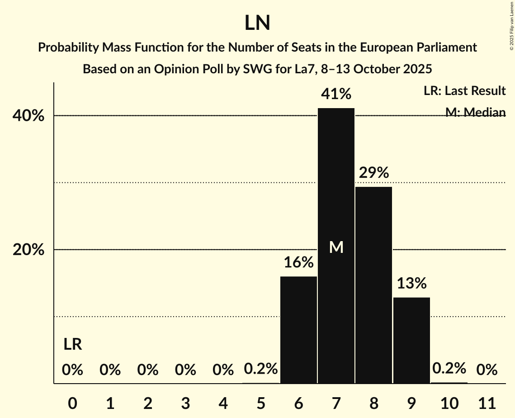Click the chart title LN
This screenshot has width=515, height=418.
pos(257,23)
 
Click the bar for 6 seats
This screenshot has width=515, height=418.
pos(298,330)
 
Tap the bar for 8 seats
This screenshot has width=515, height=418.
pos(373,285)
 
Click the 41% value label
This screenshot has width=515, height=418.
pos(336,94)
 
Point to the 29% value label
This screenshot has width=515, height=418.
pos(373,172)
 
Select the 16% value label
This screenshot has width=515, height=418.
pos(298,262)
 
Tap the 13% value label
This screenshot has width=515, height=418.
pos(411,283)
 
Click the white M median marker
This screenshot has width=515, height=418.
pos(336,247)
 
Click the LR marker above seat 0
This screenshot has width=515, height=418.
pos(72,345)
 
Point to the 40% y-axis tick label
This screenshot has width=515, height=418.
pos(28,116)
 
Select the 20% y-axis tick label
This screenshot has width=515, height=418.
pos(28,250)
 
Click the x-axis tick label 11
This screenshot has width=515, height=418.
pos(487,402)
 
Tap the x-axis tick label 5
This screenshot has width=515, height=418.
pos(261,402)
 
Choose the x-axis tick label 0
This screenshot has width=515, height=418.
pos(72,402)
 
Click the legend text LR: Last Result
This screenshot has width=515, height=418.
pos(464,91)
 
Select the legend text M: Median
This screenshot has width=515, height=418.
pos(475,112)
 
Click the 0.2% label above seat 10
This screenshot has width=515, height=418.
pos(449,369)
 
